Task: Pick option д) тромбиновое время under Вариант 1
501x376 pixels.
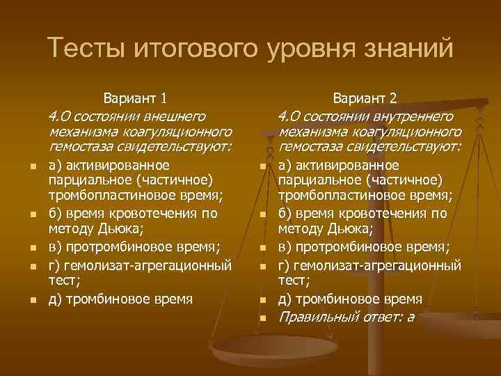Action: [120, 299]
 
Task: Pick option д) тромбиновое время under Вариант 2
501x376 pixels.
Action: [350, 299]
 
